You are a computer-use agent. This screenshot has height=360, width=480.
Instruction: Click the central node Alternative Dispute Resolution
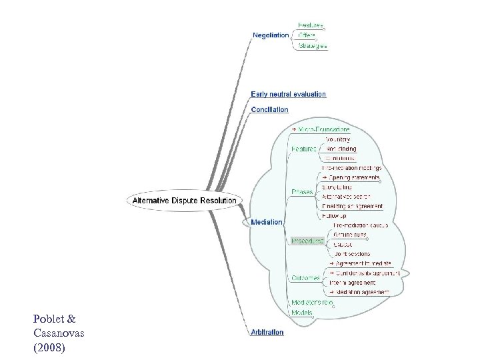tap(185, 200)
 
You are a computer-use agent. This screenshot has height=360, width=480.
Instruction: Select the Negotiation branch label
tap(271, 35)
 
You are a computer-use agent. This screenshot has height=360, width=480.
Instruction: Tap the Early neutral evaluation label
tap(288, 94)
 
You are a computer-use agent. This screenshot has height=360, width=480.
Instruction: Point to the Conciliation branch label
tap(269, 109)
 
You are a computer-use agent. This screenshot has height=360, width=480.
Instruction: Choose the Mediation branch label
tap(266, 221)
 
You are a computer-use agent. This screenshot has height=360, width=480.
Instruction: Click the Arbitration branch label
tap(267, 331)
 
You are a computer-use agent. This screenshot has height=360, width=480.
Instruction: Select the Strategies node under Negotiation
tap(312, 46)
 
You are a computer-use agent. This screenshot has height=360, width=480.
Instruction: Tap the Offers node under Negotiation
tap(307, 35)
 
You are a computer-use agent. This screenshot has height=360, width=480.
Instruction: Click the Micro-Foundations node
tap(323, 128)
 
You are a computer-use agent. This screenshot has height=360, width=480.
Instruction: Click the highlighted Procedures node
tap(307, 240)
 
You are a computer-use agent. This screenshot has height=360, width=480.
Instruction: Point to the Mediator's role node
tap(311, 301)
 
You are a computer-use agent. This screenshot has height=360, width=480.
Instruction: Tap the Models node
tap(301, 312)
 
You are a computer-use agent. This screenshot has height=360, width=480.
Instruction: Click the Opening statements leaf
tap(354, 178)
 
